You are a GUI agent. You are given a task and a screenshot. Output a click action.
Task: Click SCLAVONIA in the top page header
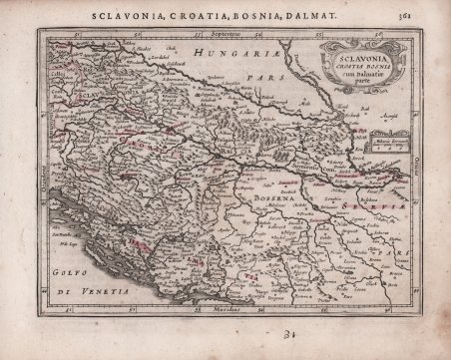[123, 15]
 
